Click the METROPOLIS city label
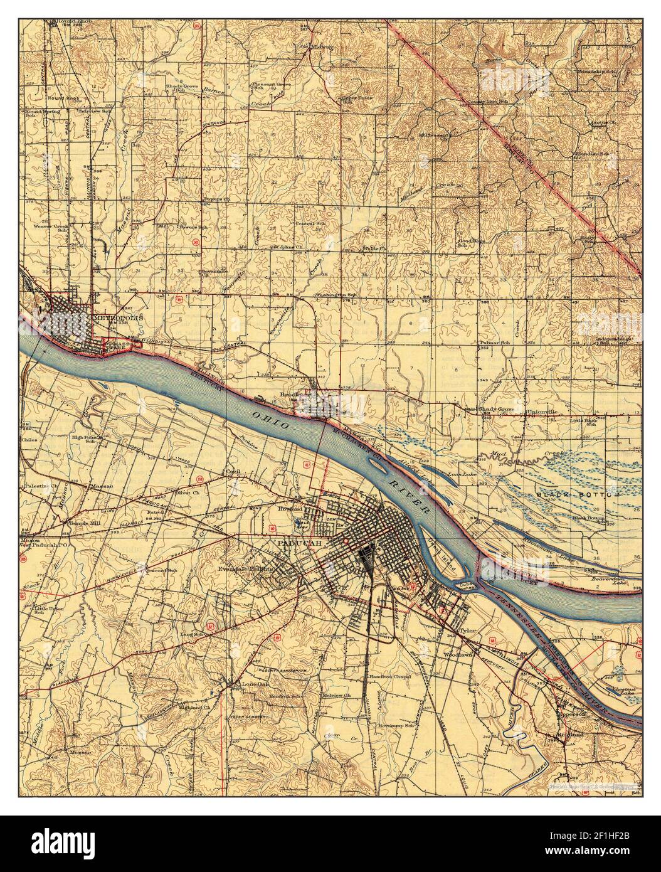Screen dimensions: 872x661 click(x=119, y=317)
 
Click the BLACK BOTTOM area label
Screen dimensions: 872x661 click(x=576, y=496)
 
